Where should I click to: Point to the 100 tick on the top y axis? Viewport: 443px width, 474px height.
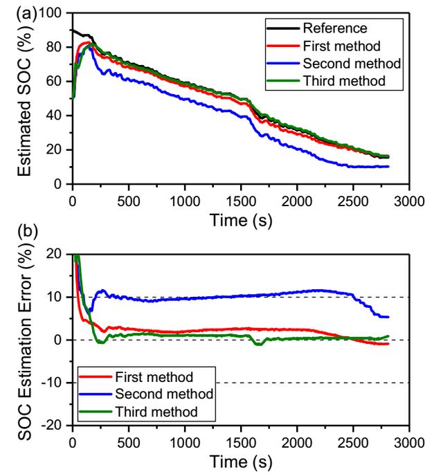click(x=53, y=13)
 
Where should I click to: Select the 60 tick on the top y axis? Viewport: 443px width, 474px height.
click(x=58, y=82)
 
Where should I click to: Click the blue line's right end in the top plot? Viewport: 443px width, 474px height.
click(x=387, y=166)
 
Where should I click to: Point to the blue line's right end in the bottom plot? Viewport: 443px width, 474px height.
click(x=387, y=317)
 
